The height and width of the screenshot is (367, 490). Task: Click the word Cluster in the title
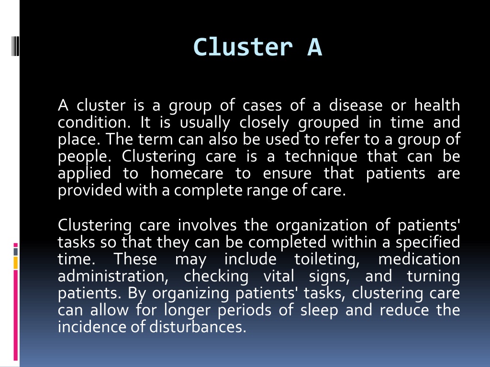pos(243,47)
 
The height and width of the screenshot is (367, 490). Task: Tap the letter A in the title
pos(314,47)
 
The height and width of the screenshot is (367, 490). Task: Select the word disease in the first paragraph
pos(355,105)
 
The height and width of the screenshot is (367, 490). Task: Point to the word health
pos(437,105)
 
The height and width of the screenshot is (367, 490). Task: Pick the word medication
pos(419,259)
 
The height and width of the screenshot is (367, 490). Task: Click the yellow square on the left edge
pos(16,262)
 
